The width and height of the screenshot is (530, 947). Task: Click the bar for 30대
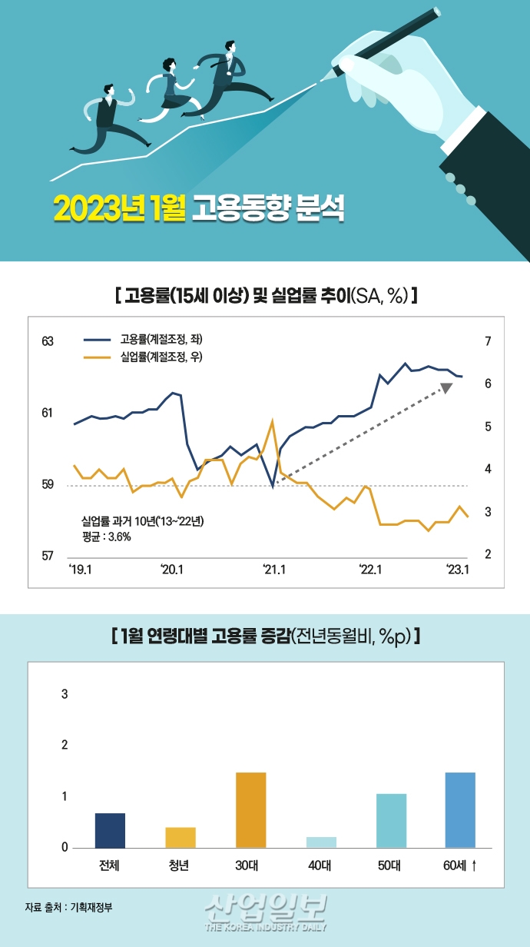pos(250,810)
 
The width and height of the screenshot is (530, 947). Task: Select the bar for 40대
pos(322,842)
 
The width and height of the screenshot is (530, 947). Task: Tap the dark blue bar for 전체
pos(110,830)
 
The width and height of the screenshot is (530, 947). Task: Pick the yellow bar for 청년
pos(181,837)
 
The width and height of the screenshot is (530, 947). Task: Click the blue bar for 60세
pos(460,810)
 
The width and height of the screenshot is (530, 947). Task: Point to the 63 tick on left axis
pos(48,341)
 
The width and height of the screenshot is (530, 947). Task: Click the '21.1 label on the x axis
pos(274,570)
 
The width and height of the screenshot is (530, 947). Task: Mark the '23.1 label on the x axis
pos(459,570)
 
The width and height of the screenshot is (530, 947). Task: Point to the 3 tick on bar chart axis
pos(65,694)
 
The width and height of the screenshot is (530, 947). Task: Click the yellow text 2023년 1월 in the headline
pos(119,208)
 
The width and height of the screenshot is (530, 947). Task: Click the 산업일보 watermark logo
pos(267,910)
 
